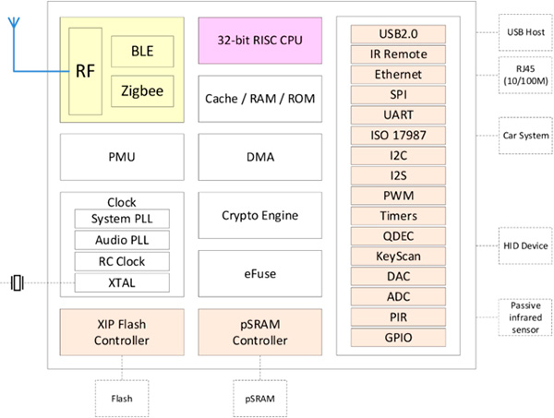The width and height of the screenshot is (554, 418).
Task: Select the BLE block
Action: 142,51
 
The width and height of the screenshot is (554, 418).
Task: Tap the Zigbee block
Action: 142,91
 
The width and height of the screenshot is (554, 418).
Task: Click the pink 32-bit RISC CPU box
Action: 260,41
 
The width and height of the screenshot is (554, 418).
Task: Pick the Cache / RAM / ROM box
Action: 260,99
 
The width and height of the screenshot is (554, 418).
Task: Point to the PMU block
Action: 122,157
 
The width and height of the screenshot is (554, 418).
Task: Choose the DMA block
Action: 260,157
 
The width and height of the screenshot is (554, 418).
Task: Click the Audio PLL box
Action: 122,240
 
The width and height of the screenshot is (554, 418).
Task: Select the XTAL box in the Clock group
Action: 122,282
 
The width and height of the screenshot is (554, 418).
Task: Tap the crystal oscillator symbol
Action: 18,282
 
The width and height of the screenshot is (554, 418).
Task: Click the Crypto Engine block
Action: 260,215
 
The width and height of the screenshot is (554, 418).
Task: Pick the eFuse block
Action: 260,274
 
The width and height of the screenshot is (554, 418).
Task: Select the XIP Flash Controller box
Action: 122,332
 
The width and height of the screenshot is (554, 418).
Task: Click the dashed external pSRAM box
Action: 260,399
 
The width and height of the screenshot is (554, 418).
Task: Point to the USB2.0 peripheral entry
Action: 398,34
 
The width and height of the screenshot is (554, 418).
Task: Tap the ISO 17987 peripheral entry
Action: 398,136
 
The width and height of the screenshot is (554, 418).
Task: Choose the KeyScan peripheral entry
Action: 398,257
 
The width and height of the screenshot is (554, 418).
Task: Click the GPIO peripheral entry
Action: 398,338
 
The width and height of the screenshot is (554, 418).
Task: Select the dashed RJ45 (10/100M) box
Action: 525,75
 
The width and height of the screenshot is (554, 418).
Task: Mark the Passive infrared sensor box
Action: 525,317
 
